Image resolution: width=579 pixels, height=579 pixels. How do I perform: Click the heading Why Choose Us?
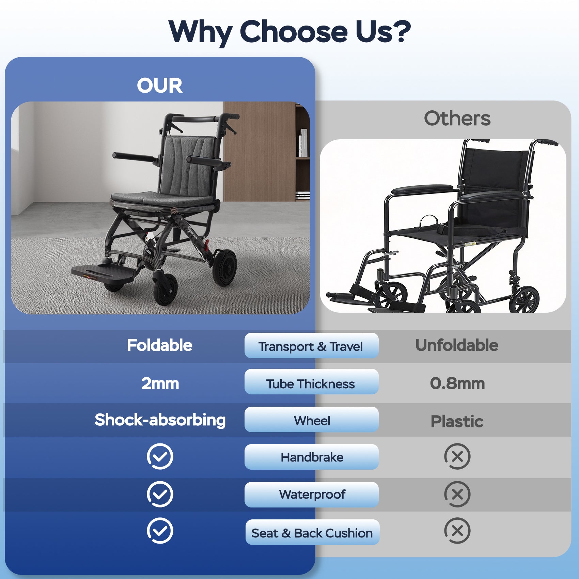coord(289,31)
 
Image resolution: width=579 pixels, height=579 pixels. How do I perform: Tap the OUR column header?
coord(159,85)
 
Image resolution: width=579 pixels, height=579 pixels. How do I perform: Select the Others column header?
coord(457,119)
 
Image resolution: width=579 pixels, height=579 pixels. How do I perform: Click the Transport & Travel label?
coord(311,346)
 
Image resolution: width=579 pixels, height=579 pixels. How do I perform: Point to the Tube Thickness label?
coord(311,384)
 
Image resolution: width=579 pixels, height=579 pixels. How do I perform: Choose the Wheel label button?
coord(312,420)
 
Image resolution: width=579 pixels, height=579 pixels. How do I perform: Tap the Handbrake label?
coord(312,457)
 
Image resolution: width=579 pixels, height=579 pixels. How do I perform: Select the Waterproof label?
coord(312,494)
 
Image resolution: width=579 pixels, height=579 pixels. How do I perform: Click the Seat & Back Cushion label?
coord(312,533)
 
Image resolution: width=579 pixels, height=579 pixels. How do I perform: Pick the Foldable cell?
coord(159,345)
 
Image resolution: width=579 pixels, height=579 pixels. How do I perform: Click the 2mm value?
coord(160,384)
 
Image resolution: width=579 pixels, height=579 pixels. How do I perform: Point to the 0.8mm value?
coord(457,384)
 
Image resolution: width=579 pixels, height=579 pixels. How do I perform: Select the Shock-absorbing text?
coord(160,420)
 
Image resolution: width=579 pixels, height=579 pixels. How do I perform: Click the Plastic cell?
coord(457,421)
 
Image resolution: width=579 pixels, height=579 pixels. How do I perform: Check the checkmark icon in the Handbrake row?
coord(160,456)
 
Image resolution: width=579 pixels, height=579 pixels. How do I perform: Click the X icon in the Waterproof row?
coord(457,494)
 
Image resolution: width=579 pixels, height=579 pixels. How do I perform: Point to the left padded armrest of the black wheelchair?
coord(422,189)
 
